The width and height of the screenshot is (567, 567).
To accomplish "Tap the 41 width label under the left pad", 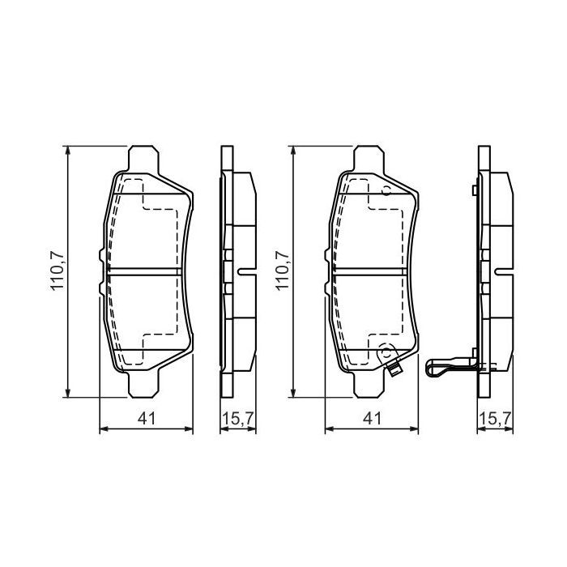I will pos(147,418).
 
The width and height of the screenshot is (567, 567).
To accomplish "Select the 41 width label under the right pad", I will pos(371,418).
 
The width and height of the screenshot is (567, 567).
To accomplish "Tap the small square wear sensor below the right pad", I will pos(394,372).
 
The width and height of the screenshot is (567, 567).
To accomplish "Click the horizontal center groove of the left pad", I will pos(146,271).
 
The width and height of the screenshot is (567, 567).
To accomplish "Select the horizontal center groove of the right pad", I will pos(371,271).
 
